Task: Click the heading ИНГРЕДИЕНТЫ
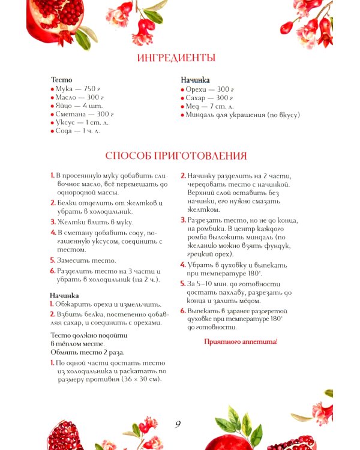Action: pyautogui.click(x=176, y=58)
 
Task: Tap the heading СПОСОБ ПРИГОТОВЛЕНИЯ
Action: pyautogui.click(x=176, y=156)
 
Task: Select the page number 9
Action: pyautogui.click(x=178, y=424)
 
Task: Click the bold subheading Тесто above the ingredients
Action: pyautogui.click(x=61, y=79)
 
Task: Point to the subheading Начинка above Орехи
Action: pyautogui.click(x=195, y=79)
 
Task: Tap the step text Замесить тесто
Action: pyautogui.click(x=86, y=260)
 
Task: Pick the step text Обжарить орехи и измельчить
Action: pyautogui.click(x=104, y=304)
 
